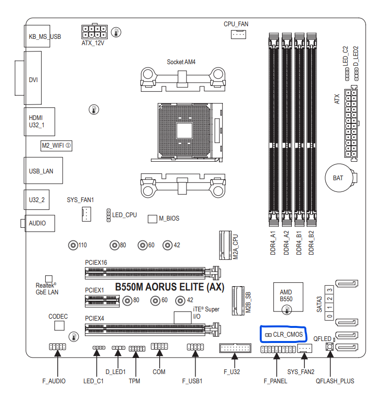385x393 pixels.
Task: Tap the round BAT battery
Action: pyautogui.click(x=338, y=178)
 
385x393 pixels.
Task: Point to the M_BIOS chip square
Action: pyautogui.click(x=152, y=219)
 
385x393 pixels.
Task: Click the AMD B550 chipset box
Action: pyautogui.click(x=286, y=295)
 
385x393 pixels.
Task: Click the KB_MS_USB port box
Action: pyautogui.click(x=37, y=36)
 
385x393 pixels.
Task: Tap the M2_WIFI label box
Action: pyautogui.click(x=56, y=145)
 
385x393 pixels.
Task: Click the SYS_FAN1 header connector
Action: pyautogui.click(x=86, y=214)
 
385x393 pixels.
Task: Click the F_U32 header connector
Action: pyautogui.click(x=235, y=348)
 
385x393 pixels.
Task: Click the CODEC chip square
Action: pyautogui.click(x=58, y=325)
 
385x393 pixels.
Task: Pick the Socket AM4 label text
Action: pyautogui.click(x=181, y=62)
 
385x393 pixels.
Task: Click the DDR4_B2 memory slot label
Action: pyautogui.click(x=311, y=243)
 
